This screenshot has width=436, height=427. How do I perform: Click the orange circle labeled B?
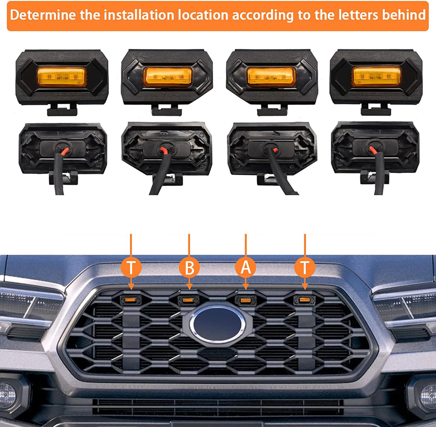click(x=189, y=268)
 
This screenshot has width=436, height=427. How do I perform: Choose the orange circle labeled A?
click(x=246, y=268)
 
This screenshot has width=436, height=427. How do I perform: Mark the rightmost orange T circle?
click(x=305, y=268)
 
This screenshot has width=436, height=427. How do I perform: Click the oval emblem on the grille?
click(x=217, y=324)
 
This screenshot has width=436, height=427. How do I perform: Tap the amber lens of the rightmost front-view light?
click(x=376, y=76)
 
